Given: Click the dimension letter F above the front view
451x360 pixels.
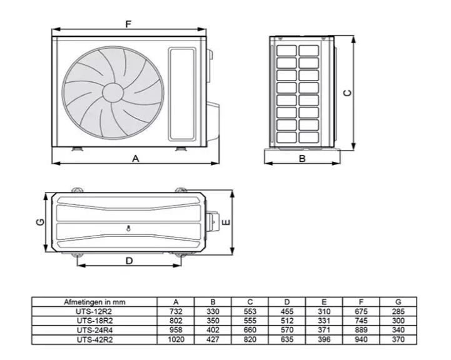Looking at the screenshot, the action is (x=128, y=24).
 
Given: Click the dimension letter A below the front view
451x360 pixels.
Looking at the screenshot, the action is (x=136, y=158).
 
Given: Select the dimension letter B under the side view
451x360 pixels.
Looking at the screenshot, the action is (x=302, y=158).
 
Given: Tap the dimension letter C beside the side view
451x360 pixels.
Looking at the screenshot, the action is (x=347, y=92).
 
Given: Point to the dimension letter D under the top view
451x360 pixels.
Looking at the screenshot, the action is (x=129, y=261).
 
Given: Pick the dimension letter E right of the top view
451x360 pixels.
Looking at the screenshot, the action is (x=226, y=222).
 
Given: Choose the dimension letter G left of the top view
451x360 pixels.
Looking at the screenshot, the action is (x=41, y=222).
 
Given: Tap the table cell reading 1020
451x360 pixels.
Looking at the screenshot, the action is (x=176, y=339).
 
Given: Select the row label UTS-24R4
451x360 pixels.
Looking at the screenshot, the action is (x=94, y=330).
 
